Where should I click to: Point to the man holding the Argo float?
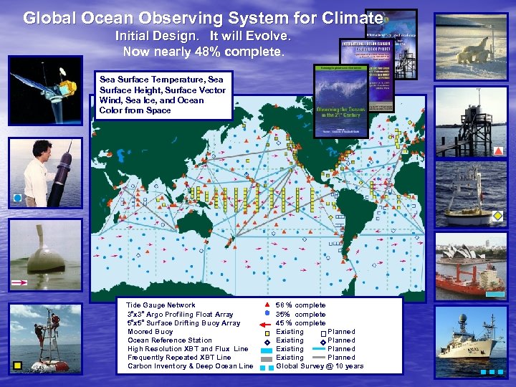(x=44, y=172)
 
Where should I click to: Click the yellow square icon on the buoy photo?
(x=17, y=365)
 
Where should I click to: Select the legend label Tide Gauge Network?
(x=161, y=305)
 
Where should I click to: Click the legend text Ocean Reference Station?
(x=170, y=340)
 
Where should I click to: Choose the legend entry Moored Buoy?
(x=150, y=332)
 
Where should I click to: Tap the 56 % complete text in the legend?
(x=301, y=305)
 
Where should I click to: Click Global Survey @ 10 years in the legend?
(x=320, y=366)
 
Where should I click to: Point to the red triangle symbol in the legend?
(x=267, y=305)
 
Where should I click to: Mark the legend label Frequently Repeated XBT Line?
(x=179, y=358)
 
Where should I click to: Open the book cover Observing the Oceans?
(x=341, y=101)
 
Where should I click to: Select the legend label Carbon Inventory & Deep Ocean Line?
(x=191, y=366)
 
